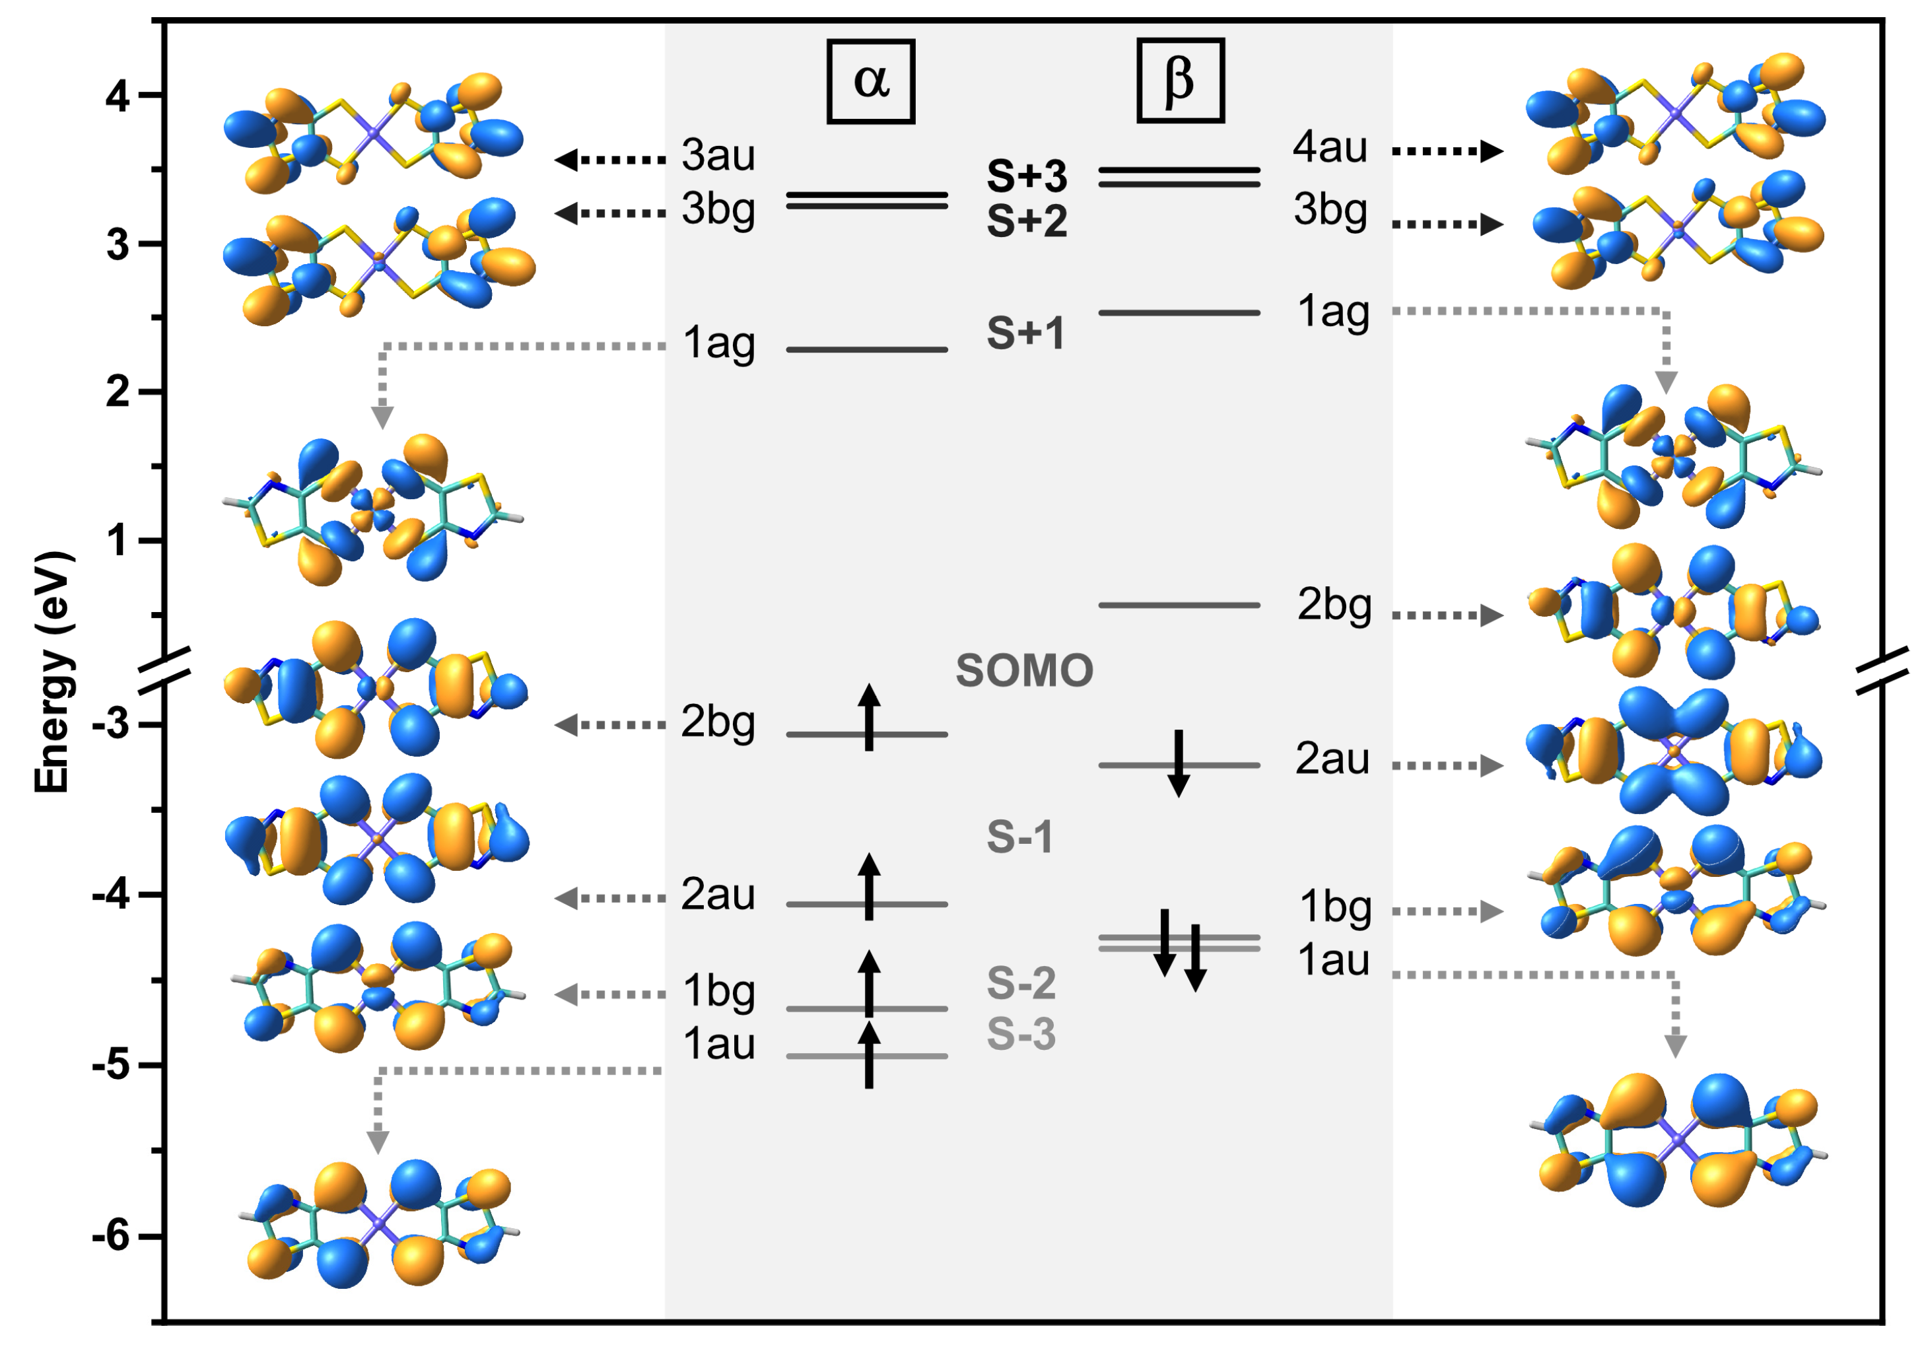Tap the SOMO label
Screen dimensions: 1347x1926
point(1024,671)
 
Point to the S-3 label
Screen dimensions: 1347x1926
point(1020,1034)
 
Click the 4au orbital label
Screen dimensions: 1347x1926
point(1330,148)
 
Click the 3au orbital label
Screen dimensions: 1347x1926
point(718,155)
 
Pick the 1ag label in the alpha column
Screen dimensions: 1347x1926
point(718,344)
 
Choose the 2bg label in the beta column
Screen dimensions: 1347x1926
point(1334,605)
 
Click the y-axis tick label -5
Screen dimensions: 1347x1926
point(111,1066)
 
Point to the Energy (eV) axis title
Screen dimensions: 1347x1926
point(52,671)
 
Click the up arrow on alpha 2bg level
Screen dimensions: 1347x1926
point(869,716)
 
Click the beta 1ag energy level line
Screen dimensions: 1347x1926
point(1179,313)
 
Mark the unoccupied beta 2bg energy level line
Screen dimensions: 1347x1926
point(1179,605)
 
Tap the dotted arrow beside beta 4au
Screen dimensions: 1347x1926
point(1447,151)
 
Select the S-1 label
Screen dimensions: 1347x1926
point(1019,837)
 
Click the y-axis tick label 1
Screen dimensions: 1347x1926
point(118,541)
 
